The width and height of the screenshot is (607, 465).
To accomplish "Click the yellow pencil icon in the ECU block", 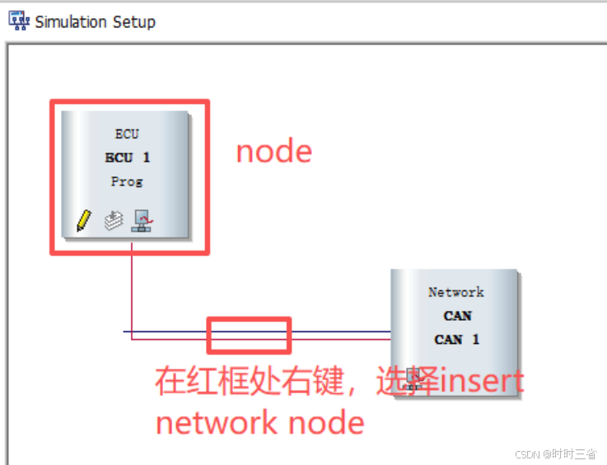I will [x=83, y=220].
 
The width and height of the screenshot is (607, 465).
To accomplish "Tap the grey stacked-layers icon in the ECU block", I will [x=112, y=220].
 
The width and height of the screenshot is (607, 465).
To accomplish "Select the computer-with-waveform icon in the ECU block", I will [x=142, y=220].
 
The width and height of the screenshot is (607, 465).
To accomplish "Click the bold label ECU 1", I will [x=127, y=157].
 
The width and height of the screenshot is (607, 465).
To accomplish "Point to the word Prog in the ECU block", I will [x=127, y=181].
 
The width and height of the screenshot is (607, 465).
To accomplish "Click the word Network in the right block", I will [x=456, y=292].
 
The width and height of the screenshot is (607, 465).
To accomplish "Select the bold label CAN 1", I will [x=456, y=339].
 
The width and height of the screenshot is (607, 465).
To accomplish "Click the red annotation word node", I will [x=274, y=152].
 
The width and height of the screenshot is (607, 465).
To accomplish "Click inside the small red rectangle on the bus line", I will [x=249, y=335].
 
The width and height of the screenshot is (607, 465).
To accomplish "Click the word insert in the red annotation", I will [x=482, y=382].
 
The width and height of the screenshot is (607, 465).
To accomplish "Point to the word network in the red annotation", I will [x=206, y=423].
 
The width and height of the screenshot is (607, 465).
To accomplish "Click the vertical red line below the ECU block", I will [x=132, y=289].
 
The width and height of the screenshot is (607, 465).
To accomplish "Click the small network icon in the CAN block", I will [x=413, y=380].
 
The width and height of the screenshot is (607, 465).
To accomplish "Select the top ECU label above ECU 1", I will [x=127, y=134].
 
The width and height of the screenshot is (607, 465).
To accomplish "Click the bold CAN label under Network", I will [x=456, y=316].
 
